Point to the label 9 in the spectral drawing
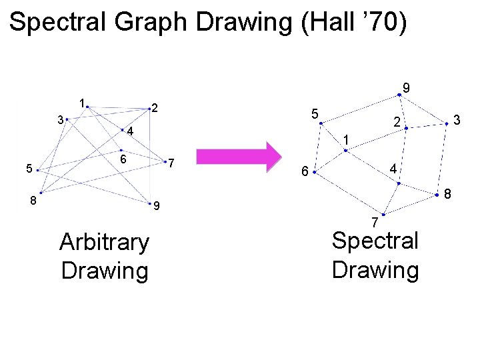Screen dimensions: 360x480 point(407,87)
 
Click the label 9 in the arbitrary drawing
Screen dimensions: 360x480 point(156,207)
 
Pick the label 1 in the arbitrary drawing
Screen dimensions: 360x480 point(81,103)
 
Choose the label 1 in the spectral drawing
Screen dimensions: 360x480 point(345,139)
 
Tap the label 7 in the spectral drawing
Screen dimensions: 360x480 point(375,221)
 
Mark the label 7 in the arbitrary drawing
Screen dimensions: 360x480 point(171,163)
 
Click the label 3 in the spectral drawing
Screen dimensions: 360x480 point(457,120)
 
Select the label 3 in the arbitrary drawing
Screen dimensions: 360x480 point(61,121)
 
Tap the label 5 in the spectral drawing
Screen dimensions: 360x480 point(315,113)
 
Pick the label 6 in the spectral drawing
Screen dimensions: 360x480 point(304,172)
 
